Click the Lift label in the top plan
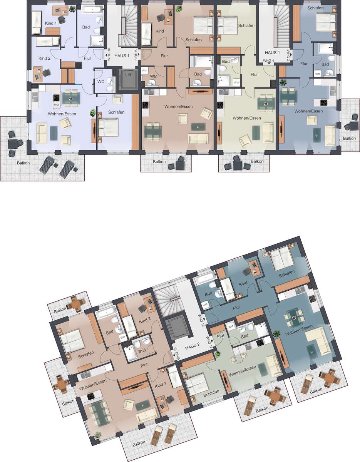point(128,75)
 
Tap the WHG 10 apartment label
point(109,54)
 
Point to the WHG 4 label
point(268,60)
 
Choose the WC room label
point(101,82)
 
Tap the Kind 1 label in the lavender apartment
point(51,23)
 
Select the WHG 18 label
point(175,353)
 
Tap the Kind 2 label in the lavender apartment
point(44,58)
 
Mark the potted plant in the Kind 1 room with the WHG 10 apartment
point(72,9)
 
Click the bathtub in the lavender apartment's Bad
point(93,10)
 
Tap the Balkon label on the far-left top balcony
point(23,163)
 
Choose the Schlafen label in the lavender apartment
point(116,112)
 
